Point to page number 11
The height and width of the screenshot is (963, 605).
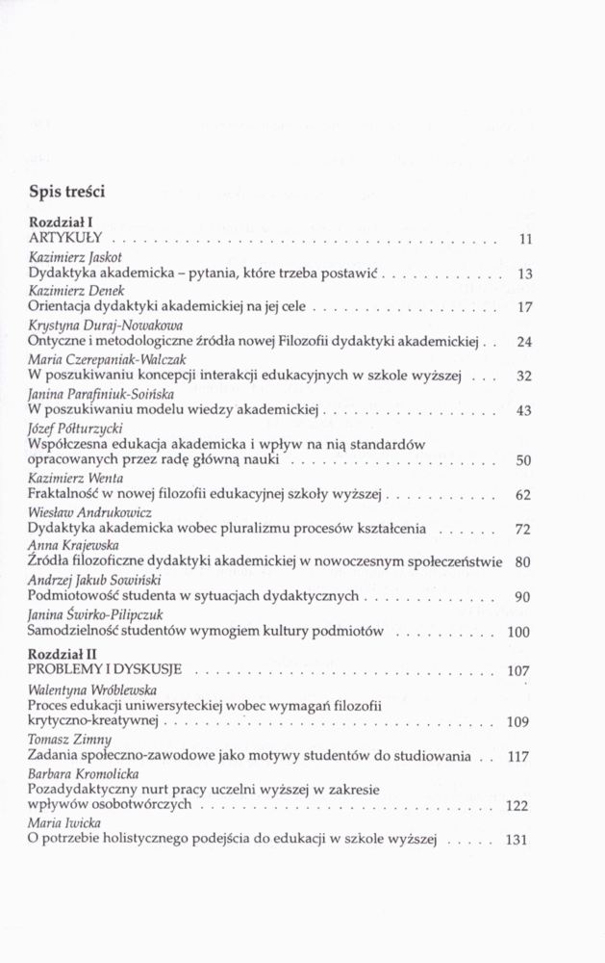click(524, 239)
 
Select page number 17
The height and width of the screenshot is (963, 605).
click(524, 308)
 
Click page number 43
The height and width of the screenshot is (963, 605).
click(524, 411)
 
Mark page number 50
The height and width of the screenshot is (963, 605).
click(524, 461)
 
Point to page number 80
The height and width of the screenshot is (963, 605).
click(524, 562)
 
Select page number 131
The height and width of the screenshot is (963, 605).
click(518, 840)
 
